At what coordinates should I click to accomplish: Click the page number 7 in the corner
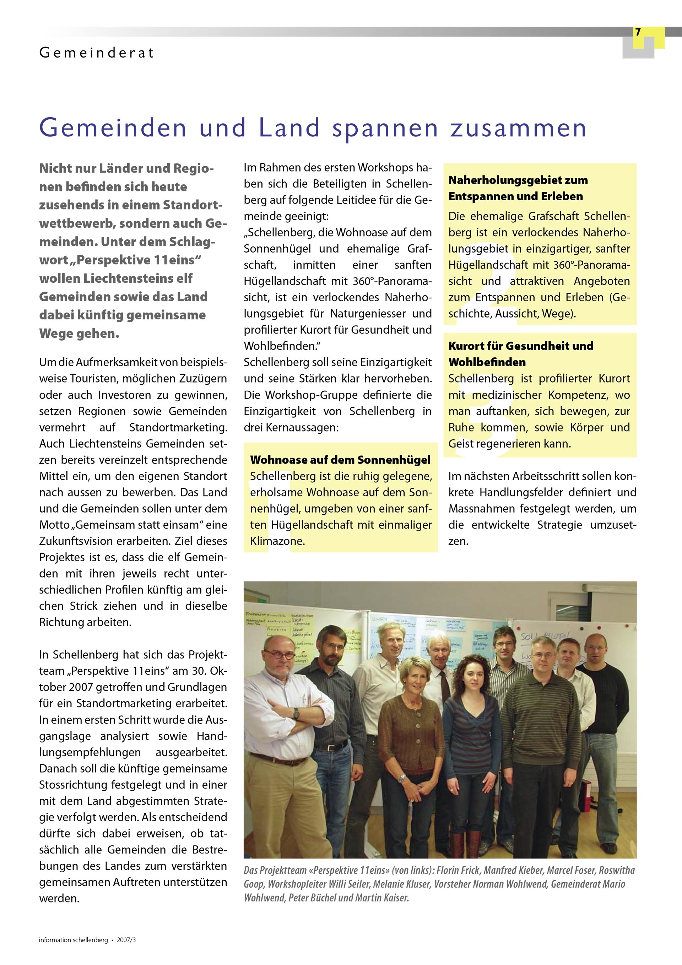[x=638, y=32]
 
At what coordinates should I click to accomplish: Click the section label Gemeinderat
[x=96, y=53]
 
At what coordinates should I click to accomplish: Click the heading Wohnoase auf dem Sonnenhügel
[x=340, y=460]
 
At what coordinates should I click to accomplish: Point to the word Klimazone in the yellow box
[x=277, y=541]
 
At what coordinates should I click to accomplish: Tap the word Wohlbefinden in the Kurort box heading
[x=487, y=362]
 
